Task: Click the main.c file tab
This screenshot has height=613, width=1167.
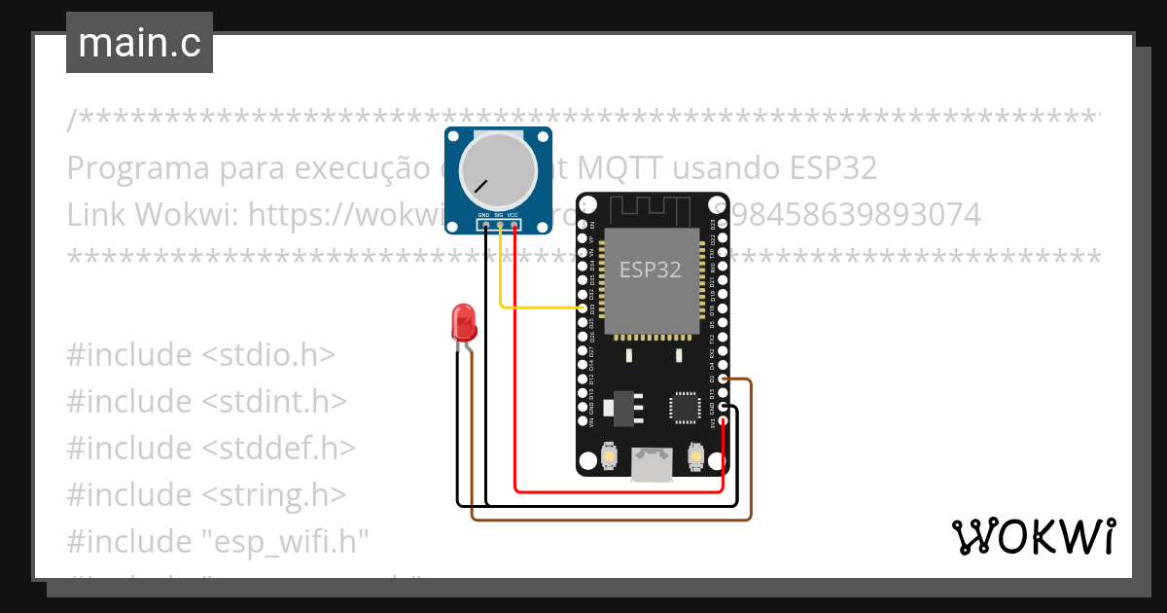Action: [139, 44]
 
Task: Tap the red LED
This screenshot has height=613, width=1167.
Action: [464, 322]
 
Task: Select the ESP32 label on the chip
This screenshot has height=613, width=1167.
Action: [651, 270]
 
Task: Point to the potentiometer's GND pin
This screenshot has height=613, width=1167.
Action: [484, 226]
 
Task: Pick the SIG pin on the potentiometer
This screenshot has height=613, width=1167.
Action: [500, 226]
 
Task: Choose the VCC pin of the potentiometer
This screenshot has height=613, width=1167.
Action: [513, 226]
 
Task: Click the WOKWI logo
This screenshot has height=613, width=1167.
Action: [1033, 536]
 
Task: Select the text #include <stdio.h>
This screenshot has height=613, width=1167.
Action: [200, 355]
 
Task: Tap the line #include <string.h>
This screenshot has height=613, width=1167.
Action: [206, 495]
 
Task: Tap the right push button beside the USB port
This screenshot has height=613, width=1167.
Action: [696, 454]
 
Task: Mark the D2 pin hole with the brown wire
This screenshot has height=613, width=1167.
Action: [723, 379]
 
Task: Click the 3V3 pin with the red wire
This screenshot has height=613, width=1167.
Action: [723, 420]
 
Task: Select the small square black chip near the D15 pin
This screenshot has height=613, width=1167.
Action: [684, 408]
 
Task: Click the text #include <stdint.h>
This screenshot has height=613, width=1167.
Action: [206, 402]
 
